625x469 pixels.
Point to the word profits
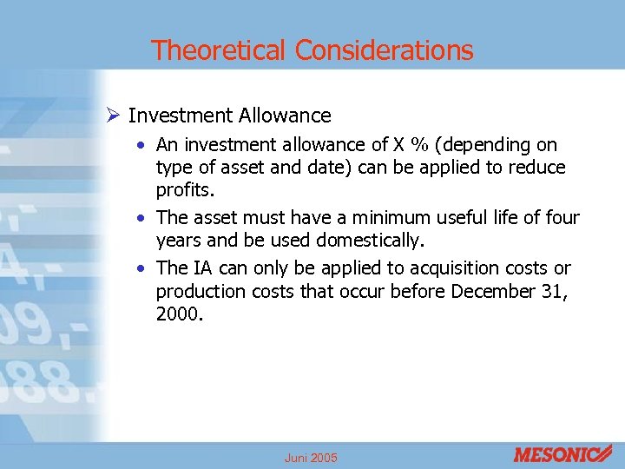click(186, 188)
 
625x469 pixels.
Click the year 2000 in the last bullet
click(179, 314)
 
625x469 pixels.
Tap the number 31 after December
click(556, 291)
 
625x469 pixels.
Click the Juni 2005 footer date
click(311, 458)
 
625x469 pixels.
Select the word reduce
click(537, 167)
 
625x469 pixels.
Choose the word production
click(201, 291)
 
